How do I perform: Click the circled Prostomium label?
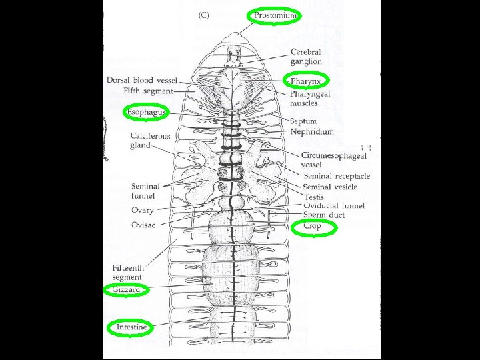point(275,15)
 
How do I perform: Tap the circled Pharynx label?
point(306,81)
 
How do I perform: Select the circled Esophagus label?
point(145,112)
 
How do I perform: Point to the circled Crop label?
point(312,227)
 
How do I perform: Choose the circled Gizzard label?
point(126,290)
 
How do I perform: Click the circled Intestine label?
point(131,327)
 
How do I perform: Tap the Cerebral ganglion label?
point(306,57)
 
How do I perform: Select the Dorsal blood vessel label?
point(142,81)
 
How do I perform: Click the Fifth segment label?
point(149,91)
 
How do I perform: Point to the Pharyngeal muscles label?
point(309,99)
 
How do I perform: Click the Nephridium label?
point(312,131)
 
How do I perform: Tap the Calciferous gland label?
point(150,141)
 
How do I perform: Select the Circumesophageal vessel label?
point(334,160)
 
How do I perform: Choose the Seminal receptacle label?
point(337,176)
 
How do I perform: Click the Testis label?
point(313,197)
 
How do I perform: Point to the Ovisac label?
point(143,225)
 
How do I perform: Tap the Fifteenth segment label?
point(128,272)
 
